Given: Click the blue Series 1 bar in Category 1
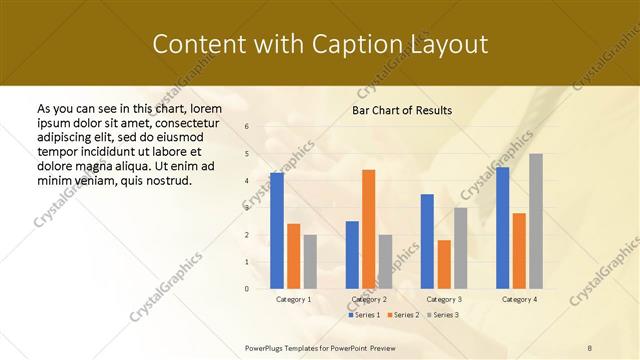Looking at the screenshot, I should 276,231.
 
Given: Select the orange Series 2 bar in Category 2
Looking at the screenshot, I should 368,229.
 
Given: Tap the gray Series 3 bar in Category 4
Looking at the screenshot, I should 536,221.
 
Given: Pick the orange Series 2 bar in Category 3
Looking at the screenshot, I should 444,264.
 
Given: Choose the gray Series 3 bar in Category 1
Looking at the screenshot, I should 310,262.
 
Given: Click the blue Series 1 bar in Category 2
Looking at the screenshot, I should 352,255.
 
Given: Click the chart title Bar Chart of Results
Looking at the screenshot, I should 402,110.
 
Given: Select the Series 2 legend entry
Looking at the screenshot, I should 403,315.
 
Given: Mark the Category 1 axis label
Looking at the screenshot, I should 293,299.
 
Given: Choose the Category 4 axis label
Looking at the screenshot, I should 519,299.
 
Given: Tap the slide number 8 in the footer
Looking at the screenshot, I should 590,346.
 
